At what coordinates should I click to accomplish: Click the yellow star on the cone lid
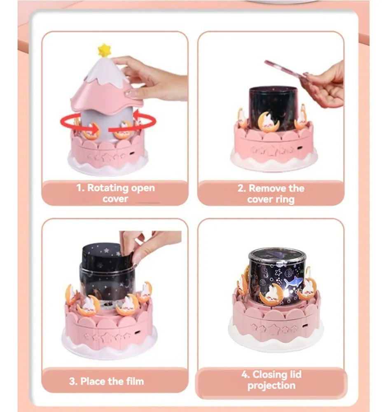[x=104, y=50]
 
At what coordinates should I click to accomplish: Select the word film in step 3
[x=134, y=381]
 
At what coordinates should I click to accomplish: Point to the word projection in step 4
[x=271, y=386]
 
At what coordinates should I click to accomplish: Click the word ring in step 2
[x=285, y=200]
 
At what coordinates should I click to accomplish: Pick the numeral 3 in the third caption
[x=72, y=381]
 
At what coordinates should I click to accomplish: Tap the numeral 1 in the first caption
[x=79, y=188]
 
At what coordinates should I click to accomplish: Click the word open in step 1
[x=143, y=189]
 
